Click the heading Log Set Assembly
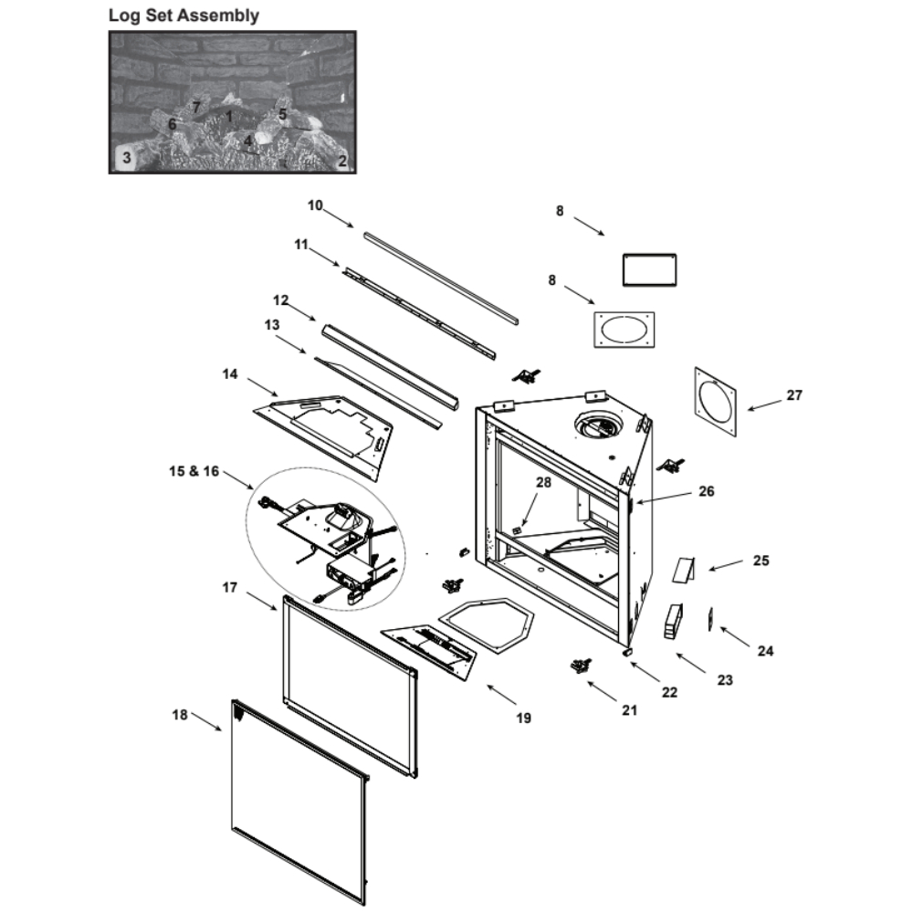pos(184,16)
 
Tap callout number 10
pos(315,205)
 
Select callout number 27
pos(793,395)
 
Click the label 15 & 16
pos(194,471)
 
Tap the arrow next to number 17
pos(263,600)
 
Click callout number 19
pos(523,719)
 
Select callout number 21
pos(628,710)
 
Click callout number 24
pos(765,651)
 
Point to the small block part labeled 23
pos(673,621)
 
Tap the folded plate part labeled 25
pos(684,568)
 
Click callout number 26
pos(706,491)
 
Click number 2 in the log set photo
pos(342,161)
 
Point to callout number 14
pos(229,373)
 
